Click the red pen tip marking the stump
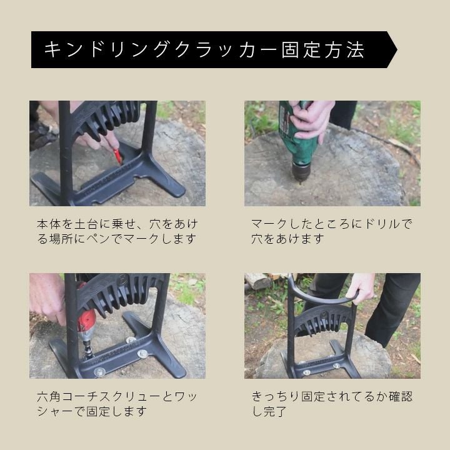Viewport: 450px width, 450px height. [x=118, y=157]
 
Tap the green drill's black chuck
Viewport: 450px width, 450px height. [x=301, y=171]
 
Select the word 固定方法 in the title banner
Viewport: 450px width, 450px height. [x=323, y=50]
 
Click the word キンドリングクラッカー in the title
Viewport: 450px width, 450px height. [x=160, y=50]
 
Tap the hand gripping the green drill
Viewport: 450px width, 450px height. [x=312, y=118]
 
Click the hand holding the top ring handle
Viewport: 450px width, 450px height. [x=360, y=287]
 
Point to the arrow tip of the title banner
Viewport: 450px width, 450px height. [x=397, y=50]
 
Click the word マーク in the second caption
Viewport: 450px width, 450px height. [x=271, y=224]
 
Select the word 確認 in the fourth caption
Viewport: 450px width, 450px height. [x=401, y=397]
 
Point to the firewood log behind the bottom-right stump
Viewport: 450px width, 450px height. [x=258, y=281]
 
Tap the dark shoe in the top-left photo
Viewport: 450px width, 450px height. [x=42, y=136]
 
